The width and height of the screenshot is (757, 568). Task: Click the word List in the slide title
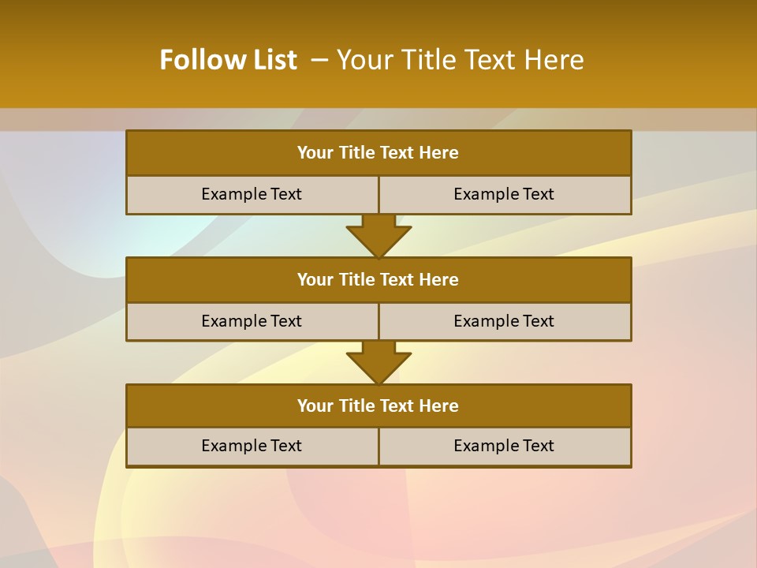pyautogui.click(x=270, y=60)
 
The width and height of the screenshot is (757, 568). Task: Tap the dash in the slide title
pyautogui.click(x=319, y=60)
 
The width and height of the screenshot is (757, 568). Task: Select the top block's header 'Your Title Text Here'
pyautogui.click(x=378, y=153)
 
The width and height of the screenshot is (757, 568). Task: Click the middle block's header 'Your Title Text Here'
pyautogui.click(x=378, y=280)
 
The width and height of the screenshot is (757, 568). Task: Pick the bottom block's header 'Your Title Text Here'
pyautogui.click(x=378, y=406)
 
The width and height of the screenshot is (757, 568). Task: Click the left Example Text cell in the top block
pyautogui.click(x=252, y=195)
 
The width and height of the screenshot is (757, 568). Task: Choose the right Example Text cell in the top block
pyautogui.click(x=504, y=195)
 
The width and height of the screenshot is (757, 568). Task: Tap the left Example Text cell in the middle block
pyautogui.click(x=252, y=321)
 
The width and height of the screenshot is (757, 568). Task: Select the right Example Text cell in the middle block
pyautogui.click(x=504, y=321)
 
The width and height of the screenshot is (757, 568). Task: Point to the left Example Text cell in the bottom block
pyautogui.click(x=252, y=446)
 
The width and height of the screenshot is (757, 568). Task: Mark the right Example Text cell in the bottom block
pyautogui.click(x=504, y=446)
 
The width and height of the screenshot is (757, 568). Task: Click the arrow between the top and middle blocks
pyautogui.click(x=378, y=235)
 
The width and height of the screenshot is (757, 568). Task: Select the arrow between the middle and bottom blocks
pyautogui.click(x=378, y=362)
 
